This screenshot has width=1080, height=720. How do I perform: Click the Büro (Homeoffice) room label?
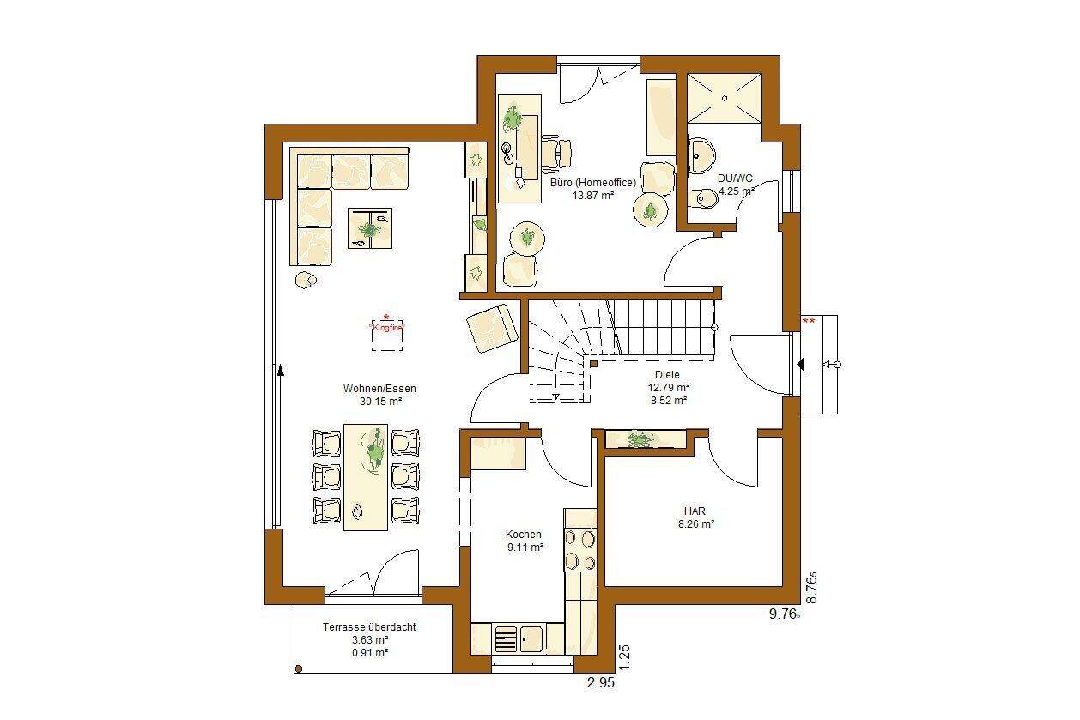[593, 183]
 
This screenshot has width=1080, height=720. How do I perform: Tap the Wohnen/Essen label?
[379, 389]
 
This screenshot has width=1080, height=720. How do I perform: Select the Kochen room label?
[523, 534]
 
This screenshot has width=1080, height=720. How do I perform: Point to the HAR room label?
[695, 511]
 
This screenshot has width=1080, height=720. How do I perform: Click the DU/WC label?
[735, 178]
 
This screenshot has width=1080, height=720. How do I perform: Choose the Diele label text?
[667, 374]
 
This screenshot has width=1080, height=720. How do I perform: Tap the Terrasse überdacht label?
[369, 627]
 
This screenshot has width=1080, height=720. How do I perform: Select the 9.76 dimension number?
[782, 614]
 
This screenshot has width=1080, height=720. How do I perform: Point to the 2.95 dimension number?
[601, 682]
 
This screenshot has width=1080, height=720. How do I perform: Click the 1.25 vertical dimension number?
[624, 657]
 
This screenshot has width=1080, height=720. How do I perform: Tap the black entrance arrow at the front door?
[801, 364]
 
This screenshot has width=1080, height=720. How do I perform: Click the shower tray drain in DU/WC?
[725, 98]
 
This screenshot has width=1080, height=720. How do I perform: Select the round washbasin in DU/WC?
[701, 155]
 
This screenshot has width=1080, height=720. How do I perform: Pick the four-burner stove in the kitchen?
[580, 550]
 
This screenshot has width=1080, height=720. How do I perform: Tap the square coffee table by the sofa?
[370, 228]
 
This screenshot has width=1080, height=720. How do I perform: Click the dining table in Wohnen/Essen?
[366, 477]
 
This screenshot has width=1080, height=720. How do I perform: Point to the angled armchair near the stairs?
[492, 328]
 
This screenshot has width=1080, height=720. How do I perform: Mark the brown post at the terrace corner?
[299, 669]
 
